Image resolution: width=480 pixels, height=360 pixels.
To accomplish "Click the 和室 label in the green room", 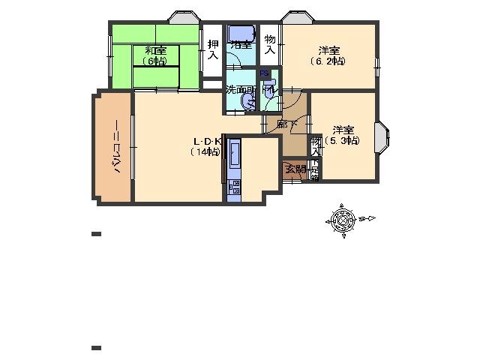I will pos(157,51).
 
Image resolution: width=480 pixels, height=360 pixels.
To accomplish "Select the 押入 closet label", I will pos(213,50).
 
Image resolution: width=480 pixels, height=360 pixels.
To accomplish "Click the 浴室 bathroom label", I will pos(241,44).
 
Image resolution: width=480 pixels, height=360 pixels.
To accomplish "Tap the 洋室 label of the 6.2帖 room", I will pos(328,50).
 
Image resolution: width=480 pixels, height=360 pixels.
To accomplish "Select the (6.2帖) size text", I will pos(328,61).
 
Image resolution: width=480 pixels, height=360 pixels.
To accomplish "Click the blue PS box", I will pos(264,73).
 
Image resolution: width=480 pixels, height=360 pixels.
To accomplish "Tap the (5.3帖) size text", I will pos(342,140).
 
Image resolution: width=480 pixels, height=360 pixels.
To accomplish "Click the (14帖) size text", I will pos(205,151).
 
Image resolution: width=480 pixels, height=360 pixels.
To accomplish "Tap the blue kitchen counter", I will pos(233,169).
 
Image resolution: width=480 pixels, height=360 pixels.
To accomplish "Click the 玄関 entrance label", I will pos(293,168).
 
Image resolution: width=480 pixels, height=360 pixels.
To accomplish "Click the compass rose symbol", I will pos(343,219).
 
